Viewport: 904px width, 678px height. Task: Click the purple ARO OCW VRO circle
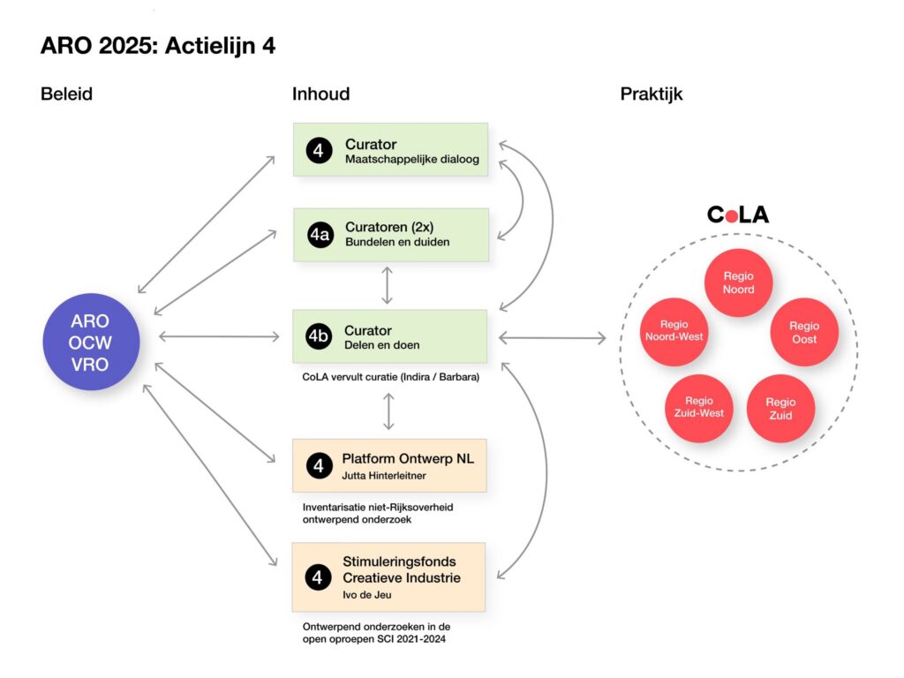[x=90, y=341]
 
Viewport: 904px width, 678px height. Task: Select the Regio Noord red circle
[x=738, y=282]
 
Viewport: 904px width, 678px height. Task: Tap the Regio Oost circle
[x=803, y=332]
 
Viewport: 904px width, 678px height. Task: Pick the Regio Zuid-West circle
[x=698, y=407]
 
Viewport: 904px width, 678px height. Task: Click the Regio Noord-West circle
[x=674, y=330]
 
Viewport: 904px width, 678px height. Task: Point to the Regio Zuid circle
[x=780, y=409]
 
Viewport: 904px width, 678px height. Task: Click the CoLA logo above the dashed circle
[x=738, y=215]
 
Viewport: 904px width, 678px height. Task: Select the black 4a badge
[x=320, y=235]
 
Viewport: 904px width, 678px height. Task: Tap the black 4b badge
[x=320, y=336]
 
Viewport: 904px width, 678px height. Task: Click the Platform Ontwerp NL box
[x=389, y=465]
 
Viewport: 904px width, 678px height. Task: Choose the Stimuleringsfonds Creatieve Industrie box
[x=389, y=576]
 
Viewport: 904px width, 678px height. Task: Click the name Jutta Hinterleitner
[x=385, y=475]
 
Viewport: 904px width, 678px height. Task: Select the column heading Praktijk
[x=652, y=94]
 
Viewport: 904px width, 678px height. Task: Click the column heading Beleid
[x=66, y=94]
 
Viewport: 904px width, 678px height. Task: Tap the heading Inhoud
[x=321, y=94]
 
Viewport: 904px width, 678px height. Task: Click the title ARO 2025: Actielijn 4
[x=158, y=46]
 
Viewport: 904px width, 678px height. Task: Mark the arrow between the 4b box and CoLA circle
[x=553, y=337]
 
